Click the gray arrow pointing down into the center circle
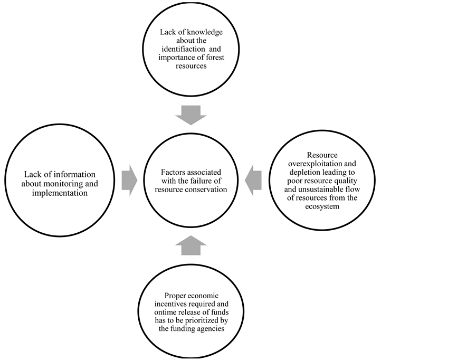[x=191, y=115]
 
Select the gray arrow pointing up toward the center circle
[x=191, y=245]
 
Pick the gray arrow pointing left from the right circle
[x=253, y=180]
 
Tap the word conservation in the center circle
[x=207, y=189]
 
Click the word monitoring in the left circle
[x=72, y=184]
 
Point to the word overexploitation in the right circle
[x=309, y=164]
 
